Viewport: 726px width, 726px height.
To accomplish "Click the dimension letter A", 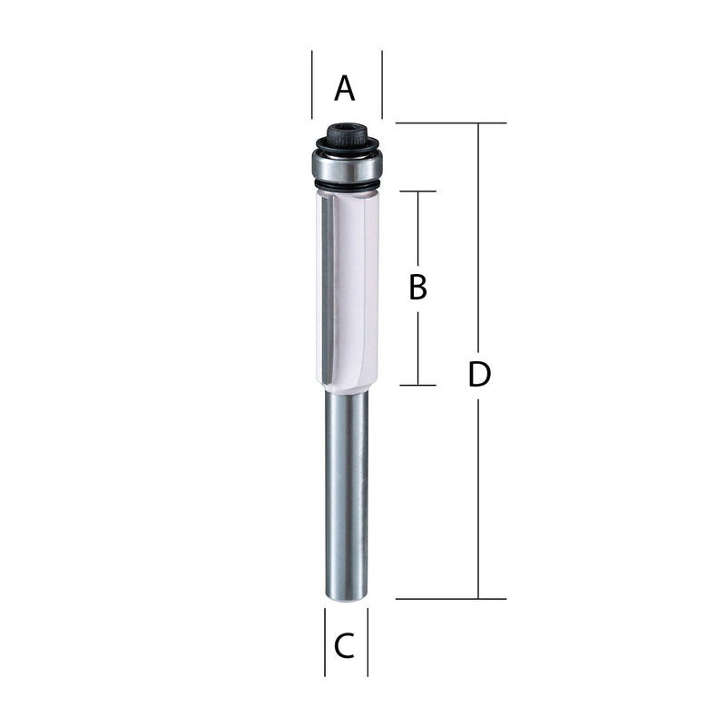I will click(x=345, y=89).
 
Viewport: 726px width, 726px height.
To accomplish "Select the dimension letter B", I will click(x=417, y=288).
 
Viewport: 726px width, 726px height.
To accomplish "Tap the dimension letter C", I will click(x=345, y=646).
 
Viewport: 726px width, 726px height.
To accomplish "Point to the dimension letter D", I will click(x=479, y=374).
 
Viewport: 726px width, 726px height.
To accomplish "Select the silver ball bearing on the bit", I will click(x=347, y=164).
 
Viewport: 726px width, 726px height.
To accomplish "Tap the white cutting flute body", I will click(x=345, y=290).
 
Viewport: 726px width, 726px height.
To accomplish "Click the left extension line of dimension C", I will click(x=325, y=643).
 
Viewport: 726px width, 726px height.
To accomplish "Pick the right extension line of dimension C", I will click(x=368, y=643).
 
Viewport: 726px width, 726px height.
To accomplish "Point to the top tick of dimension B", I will click(x=417, y=191).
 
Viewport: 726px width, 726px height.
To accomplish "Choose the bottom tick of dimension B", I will click(x=417, y=385).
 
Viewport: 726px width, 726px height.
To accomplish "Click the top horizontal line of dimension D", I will click(x=450, y=123).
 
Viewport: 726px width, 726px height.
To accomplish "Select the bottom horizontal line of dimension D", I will click(x=450, y=599).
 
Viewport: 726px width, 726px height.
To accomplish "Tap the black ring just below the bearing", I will click(x=346, y=186).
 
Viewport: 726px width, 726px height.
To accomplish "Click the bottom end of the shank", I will click(x=346, y=594).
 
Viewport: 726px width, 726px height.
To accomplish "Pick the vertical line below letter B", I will click(x=417, y=349).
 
